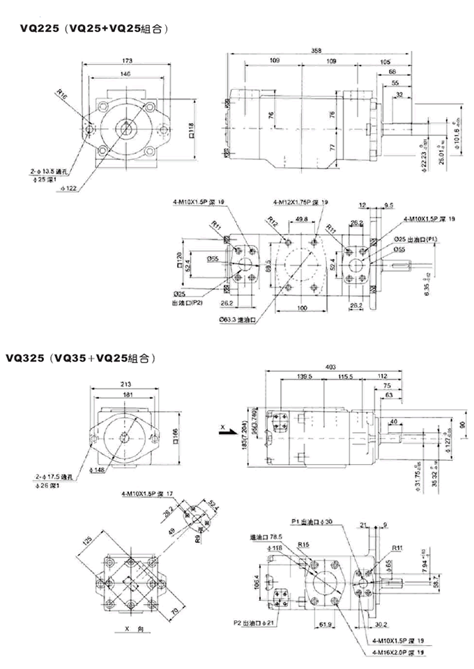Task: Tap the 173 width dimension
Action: [126, 61]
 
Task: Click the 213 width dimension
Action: [126, 384]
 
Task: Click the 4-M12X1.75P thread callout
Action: [300, 202]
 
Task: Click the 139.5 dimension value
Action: [304, 377]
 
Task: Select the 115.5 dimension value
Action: [346, 377]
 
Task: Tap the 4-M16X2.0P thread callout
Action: [398, 652]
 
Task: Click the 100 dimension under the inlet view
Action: [302, 308]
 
